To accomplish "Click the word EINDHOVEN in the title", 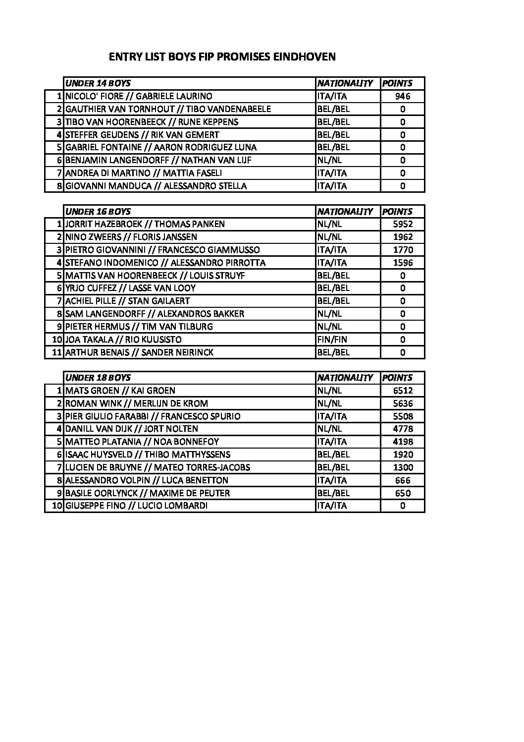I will pyautogui.click(x=305, y=57).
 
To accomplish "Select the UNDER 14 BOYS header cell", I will pyautogui.click(x=98, y=83).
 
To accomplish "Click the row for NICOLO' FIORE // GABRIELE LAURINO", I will pyautogui.click(x=139, y=96).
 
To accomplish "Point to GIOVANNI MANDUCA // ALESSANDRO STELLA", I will pyautogui.click(x=156, y=186).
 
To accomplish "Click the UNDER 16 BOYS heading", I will pyautogui.click(x=98, y=212).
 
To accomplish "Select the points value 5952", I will pyautogui.click(x=402, y=224).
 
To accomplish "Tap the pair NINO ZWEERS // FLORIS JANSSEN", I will pyautogui.click(x=131, y=237).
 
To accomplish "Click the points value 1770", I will pyautogui.click(x=402, y=250).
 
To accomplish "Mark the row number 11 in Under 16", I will pyautogui.click(x=56, y=352).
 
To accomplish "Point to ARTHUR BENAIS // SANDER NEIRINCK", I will pyautogui.click(x=139, y=352).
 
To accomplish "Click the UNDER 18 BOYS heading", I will pyautogui.click(x=98, y=378).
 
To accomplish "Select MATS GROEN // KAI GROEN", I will pyautogui.click(x=120, y=391).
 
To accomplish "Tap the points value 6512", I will pyautogui.click(x=402, y=391).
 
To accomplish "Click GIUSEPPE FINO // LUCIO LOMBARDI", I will pyautogui.click(x=137, y=506).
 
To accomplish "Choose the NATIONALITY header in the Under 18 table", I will pyautogui.click(x=345, y=378).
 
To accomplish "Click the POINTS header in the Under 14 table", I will pyautogui.click(x=397, y=83).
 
